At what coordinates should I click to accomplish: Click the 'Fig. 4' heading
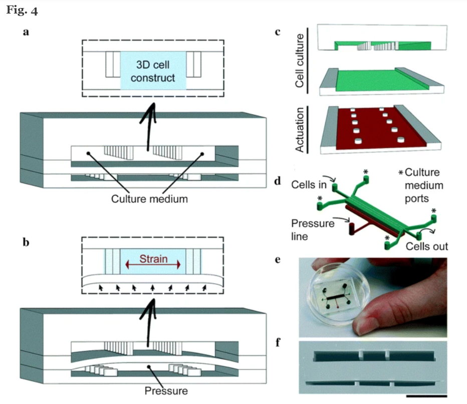[x=22, y=11]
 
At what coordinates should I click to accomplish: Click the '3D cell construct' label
[x=155, y=72]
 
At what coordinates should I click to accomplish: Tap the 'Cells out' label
[x=427, y=246]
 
